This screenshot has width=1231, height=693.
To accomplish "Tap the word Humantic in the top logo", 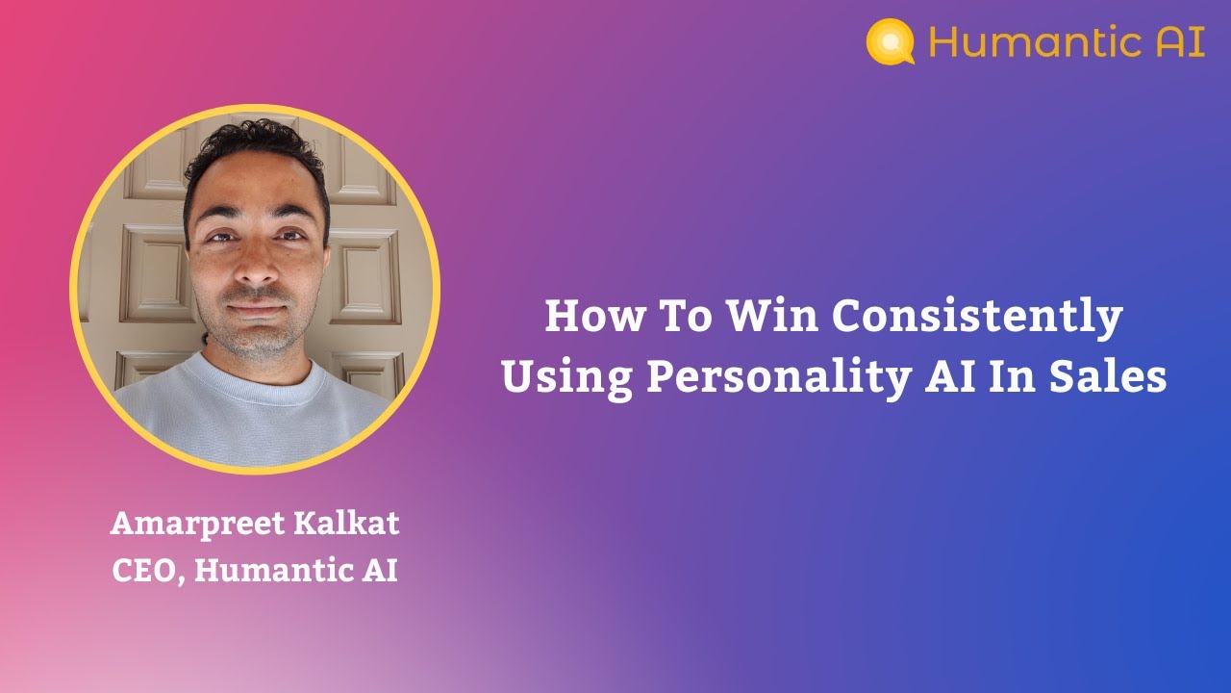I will pos(1027,42).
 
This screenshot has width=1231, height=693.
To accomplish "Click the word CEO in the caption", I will pos(145,571).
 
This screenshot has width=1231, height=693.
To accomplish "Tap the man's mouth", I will pos(257,310).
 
